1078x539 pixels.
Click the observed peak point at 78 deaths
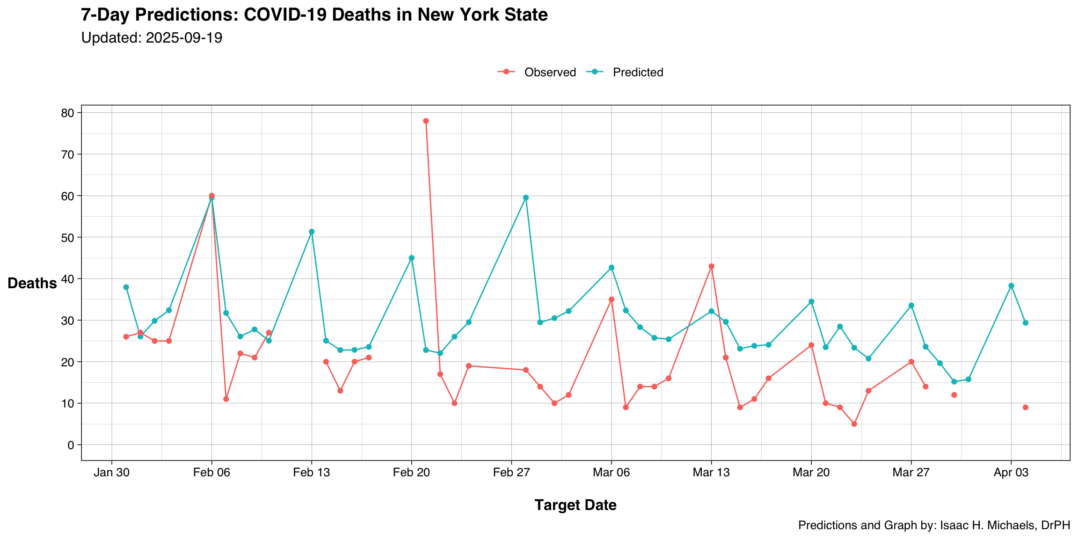point(426,121)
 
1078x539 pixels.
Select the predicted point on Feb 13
point(312,232)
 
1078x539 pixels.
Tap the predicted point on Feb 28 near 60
point(525,197)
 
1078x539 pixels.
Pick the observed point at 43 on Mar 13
point(711,266)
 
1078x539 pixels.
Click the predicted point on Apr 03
point(1011,285)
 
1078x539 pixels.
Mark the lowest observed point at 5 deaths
point(854,424)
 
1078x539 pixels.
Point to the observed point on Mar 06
point(611,299)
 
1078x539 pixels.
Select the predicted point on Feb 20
point(411,258)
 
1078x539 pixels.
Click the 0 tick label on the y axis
point(71,445)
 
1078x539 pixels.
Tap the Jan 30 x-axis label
point(111,473)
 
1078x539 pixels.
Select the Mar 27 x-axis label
point(911,473)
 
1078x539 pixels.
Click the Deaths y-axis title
point(32,284)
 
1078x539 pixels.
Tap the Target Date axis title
point(575,505)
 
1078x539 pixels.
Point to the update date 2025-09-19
point(184,38)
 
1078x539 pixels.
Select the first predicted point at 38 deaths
point(126,287)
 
